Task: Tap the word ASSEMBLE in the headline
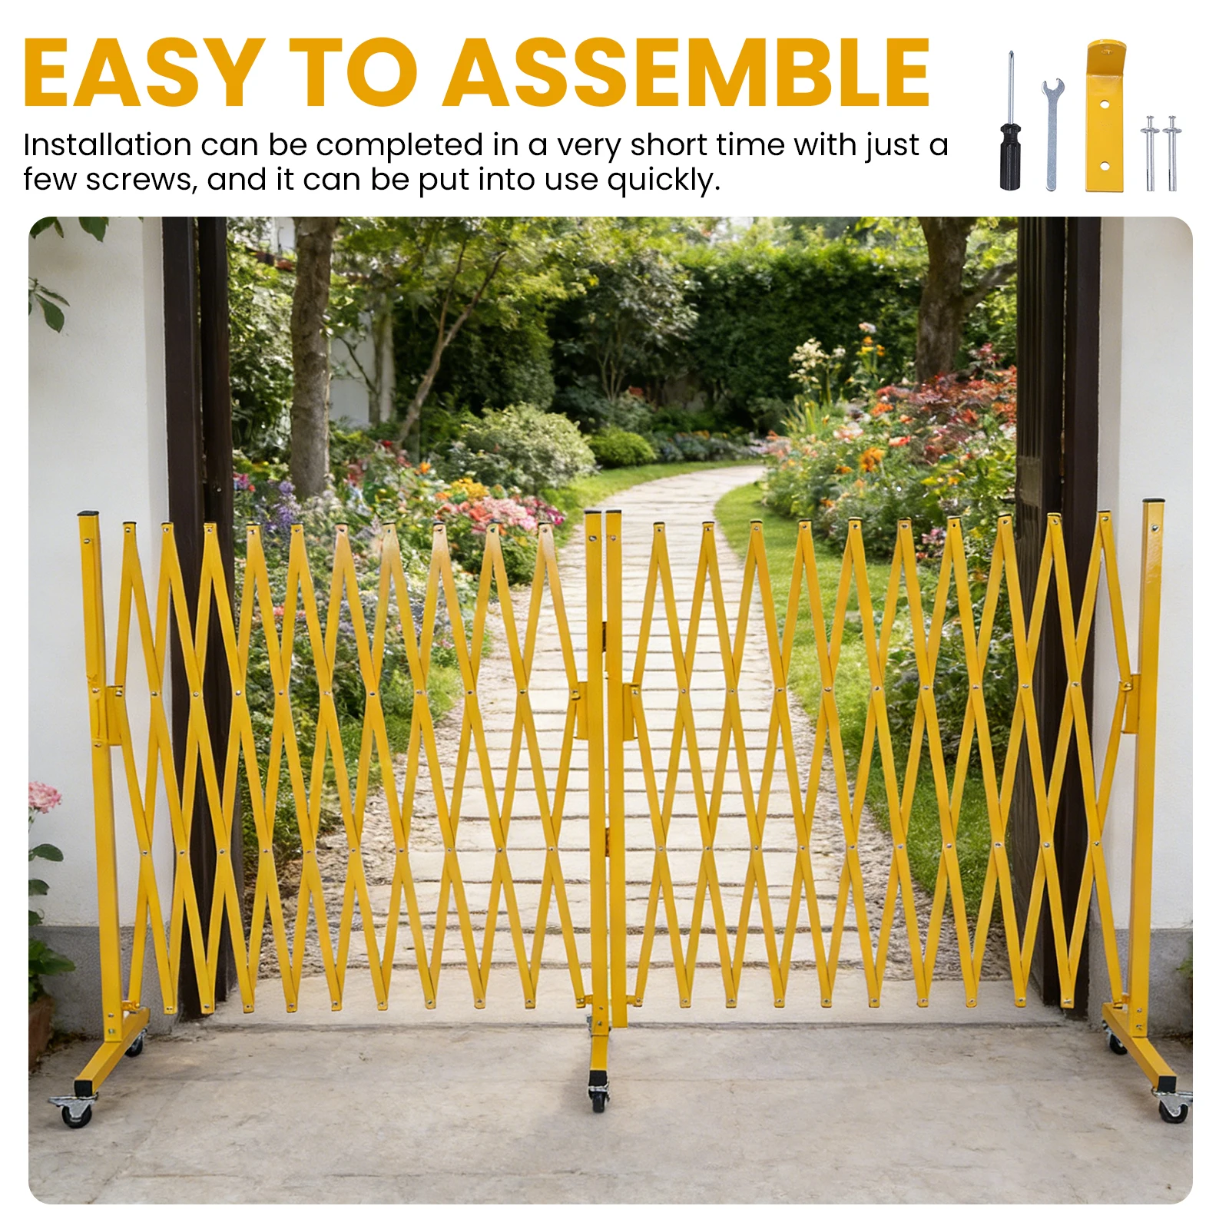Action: tap(686, 72)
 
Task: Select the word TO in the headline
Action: tap(353, 72)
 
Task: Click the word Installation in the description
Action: tap(108, 144)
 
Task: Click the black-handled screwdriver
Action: tap(1011, 121)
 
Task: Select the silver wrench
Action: tap(1052, 134)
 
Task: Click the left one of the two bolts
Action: tap(1150, 153)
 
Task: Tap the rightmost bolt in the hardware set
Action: tap(1172, 153)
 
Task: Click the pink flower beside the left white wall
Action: tap(44, 796)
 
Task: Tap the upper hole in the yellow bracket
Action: tap(1105, 103)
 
